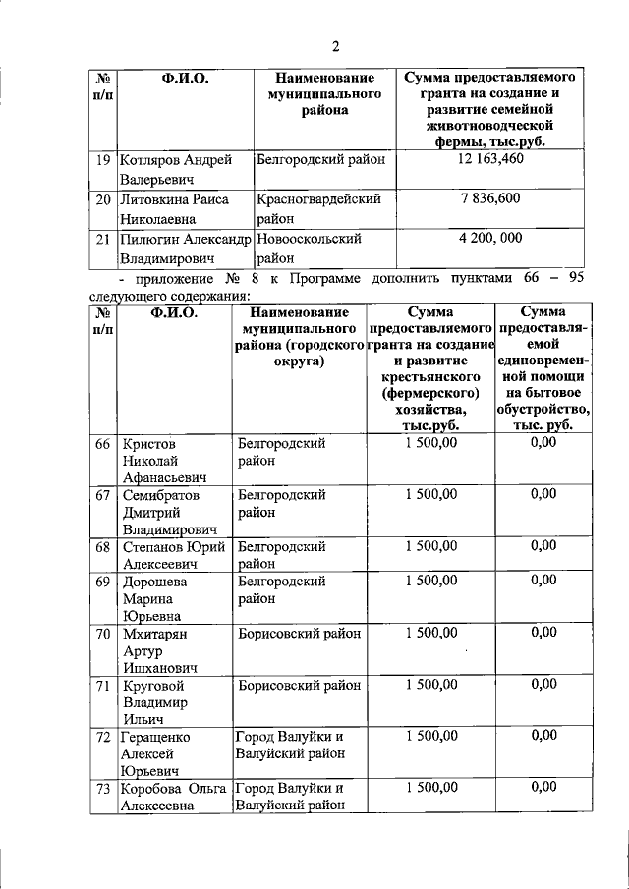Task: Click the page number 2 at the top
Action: click(x=334, y=46)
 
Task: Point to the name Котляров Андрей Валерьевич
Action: click(x=175, y=170)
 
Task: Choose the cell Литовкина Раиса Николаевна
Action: click(x=175, y=209)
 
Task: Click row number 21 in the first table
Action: click(x=101, y=240)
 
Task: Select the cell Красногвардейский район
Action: click(x=317, y=209)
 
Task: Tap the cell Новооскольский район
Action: click(x=309, y=249)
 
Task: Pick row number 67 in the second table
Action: click(x=102, y=495)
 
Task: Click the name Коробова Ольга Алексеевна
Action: click(x=174, y=797)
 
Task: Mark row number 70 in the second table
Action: click(x=102, y=634)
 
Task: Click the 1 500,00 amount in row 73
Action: click(x=430, y=788)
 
